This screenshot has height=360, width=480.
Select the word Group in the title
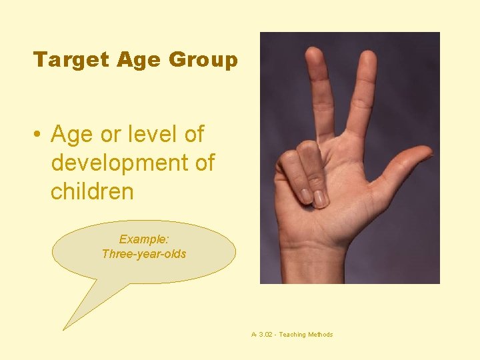coord(203,60)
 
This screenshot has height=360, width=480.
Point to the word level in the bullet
coord(155,135)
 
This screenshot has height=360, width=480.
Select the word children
coord(92,192)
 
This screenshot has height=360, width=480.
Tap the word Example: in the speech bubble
coord(143,239)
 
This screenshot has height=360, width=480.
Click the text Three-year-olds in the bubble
coord(143,253)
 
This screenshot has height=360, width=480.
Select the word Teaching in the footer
coord(292,335)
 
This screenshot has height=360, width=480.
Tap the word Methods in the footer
coord(321,335)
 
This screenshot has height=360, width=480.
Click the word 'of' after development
coord(203,163)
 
